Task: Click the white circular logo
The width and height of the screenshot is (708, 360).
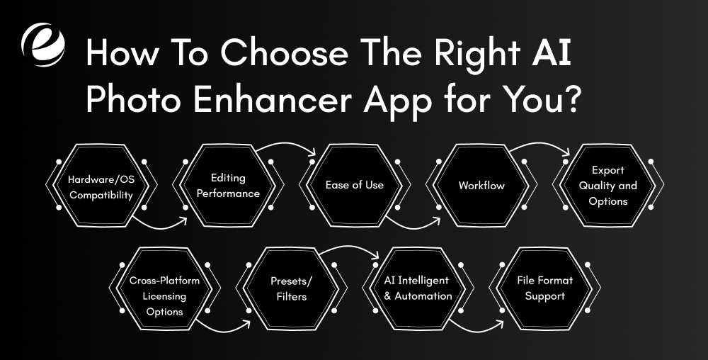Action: [x=43, y=45]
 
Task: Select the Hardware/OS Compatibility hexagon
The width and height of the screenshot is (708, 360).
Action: [x=101, y=186]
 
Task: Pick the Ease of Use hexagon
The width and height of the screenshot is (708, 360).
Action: [x=354, y=185]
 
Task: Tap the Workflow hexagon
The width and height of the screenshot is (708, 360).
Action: [x=481, y=186]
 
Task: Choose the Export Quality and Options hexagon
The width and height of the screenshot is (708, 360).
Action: [x=607, y=186]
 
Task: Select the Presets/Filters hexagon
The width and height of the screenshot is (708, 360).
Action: [x=292, y=288]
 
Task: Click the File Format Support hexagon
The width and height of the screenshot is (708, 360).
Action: [x=544, y=288]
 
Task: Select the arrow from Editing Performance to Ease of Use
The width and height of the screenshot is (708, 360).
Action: [x=287, y=146]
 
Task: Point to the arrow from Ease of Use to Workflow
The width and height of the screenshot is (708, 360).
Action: [x=414, y=226]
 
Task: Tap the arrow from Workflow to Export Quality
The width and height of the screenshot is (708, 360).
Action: [x=539, y=146]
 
